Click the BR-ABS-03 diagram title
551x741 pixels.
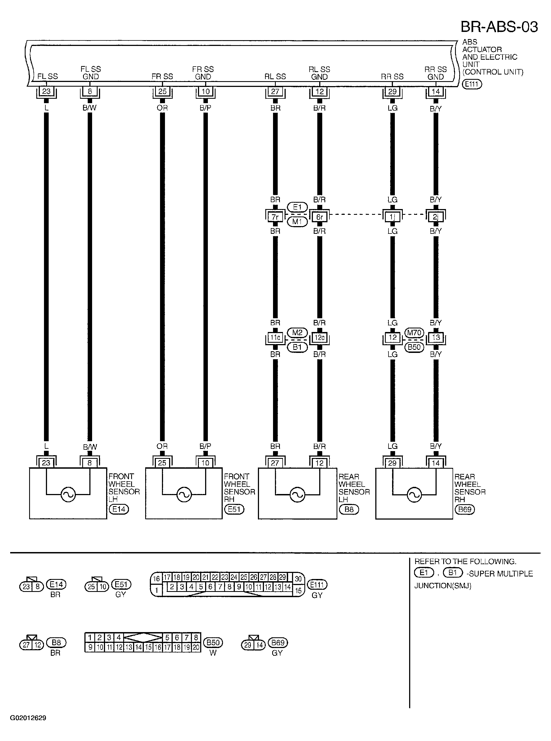pyautogui.click(x=499, y=27)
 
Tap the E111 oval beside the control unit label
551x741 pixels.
pyautogui.click(x=472, y=84)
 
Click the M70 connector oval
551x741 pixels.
pyautogui.click(x=414, y=333)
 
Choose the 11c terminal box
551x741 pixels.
pyautogui.click(x=275, y=337)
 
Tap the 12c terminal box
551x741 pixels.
pyautogui.click(x=319, y=337)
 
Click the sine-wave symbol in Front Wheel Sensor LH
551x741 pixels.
pyautogui.click(x=68, y=495)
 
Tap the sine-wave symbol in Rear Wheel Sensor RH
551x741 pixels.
pyautogui.click(x=414, y=495)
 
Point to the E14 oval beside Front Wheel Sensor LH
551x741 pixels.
pyautogui.click(x=119, y=509)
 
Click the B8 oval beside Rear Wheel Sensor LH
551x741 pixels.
pyautogui.click(x=349, y=509)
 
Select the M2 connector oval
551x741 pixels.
pyautogui.click(x=297, y=333)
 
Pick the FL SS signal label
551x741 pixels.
pyautogui.click(x=48, y=76)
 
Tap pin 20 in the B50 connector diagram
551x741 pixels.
pyautogui.click(x=196, y=647)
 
